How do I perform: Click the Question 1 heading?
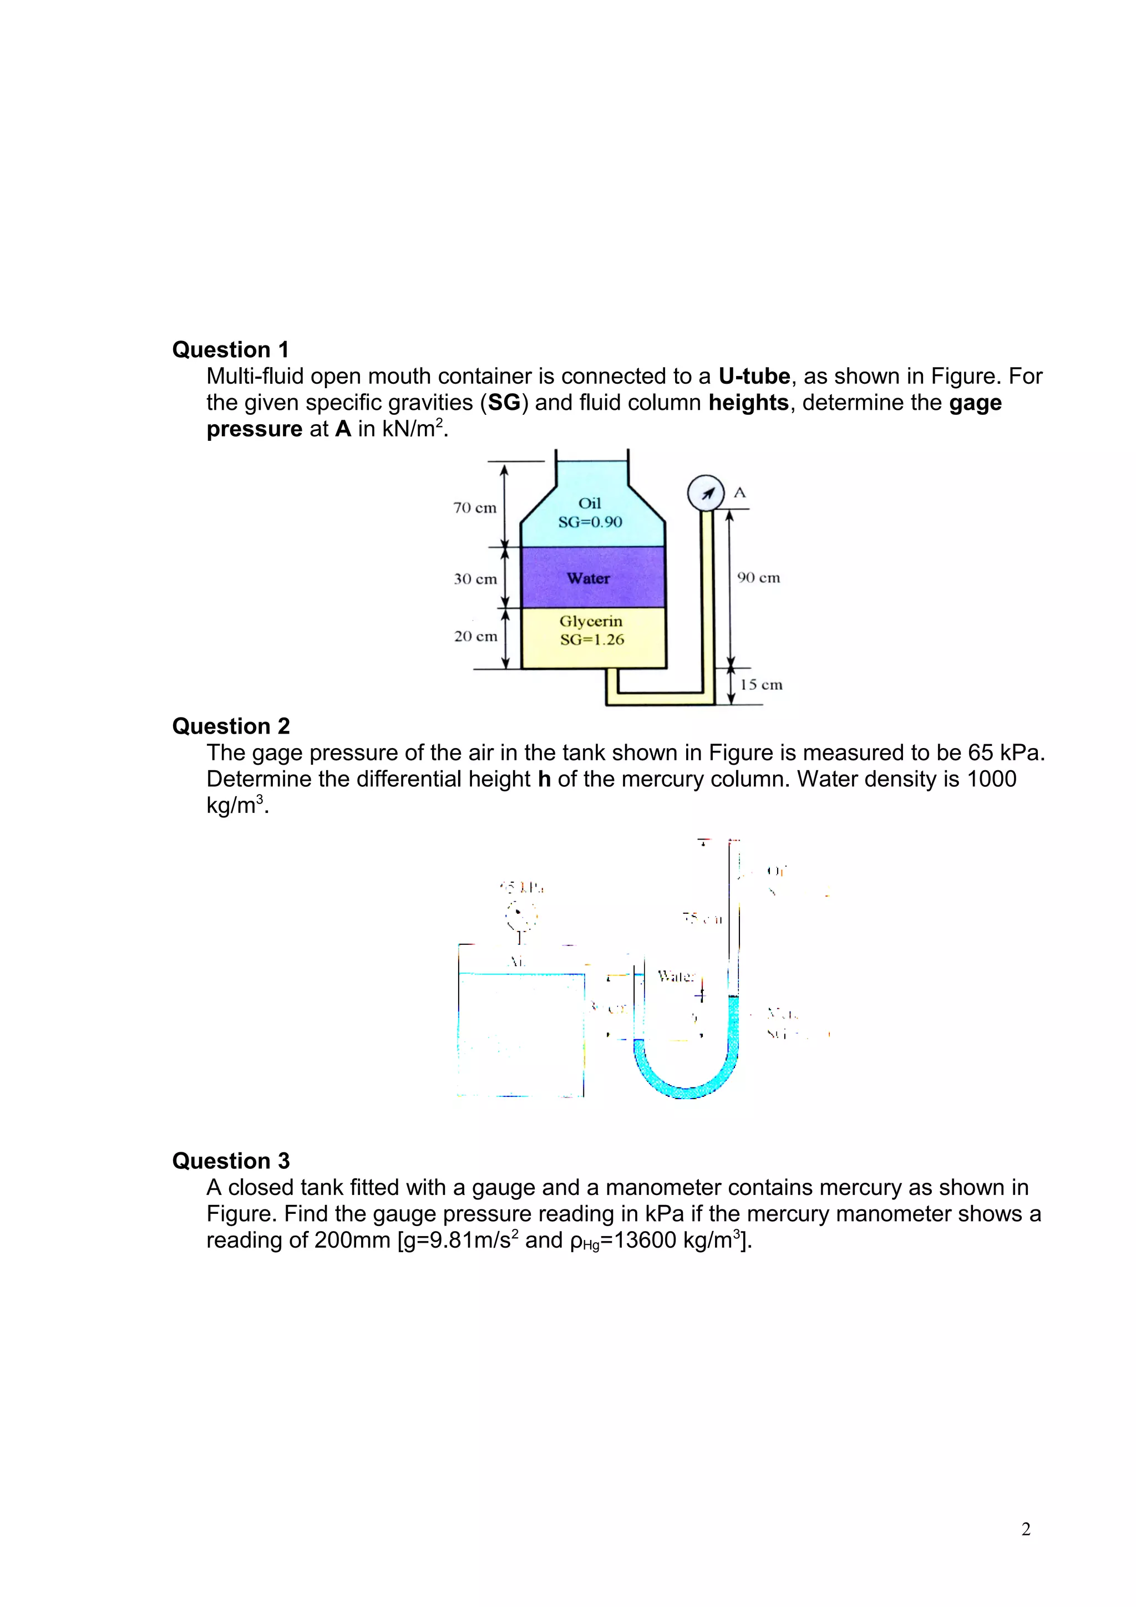pos(230,349)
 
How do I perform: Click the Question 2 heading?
pos(231,726)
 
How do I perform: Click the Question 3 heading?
pos(231,1161)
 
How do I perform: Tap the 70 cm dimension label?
pos(475,507)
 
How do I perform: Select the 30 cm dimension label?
pos(475,579)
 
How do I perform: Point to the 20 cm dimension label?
pos(475,636)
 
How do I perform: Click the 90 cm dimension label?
pos(759,577)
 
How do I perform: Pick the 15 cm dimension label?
pos(761,684)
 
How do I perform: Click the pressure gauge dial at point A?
pos(706,494)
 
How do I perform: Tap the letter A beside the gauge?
pos(740,493)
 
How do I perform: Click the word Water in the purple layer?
pos(589,578)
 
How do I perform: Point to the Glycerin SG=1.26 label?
pos(591,630)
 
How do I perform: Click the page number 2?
pos(1026,1529)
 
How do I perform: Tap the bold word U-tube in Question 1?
pos(754,377)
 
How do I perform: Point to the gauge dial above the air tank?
pos(521,914)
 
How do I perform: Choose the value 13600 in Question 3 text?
pos(645,1239)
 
